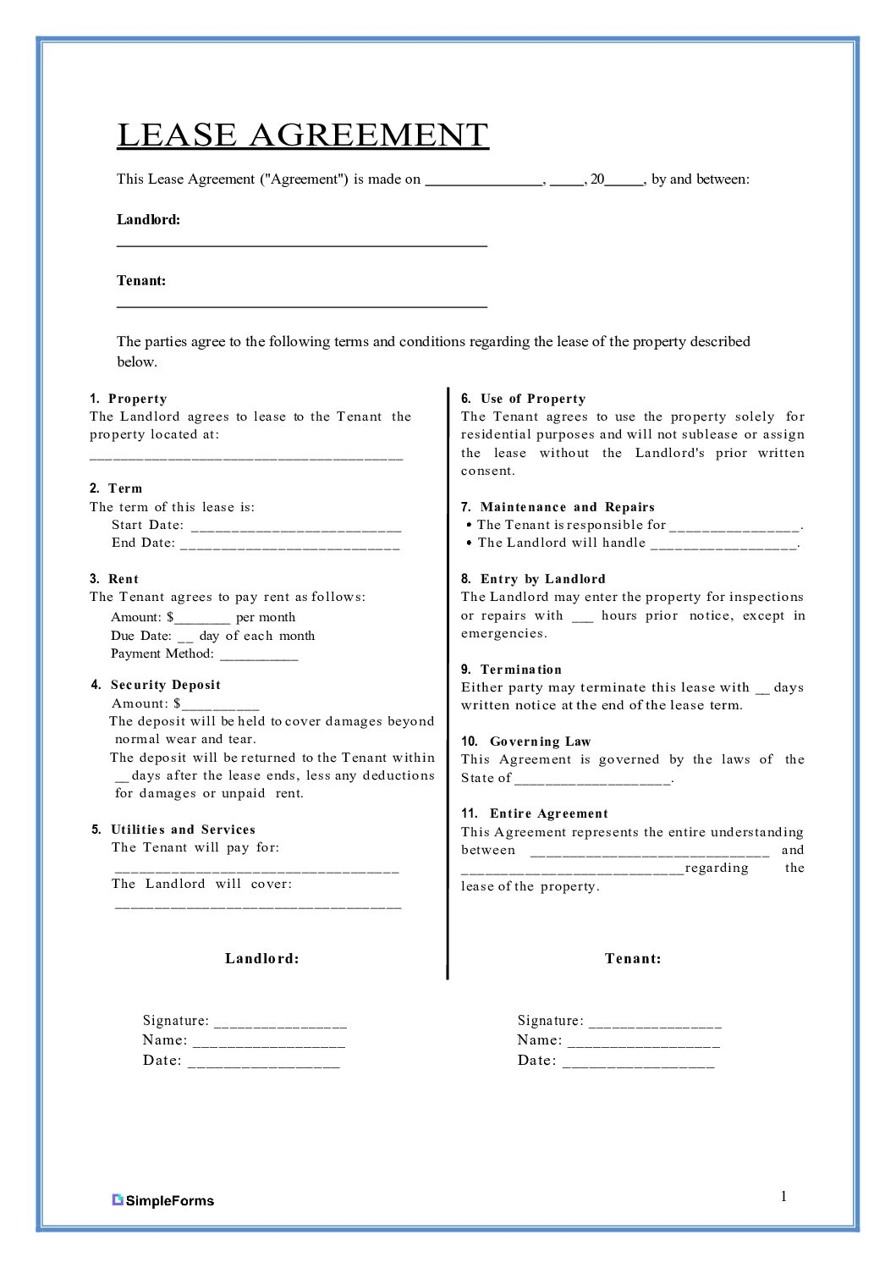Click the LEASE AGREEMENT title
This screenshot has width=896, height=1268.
[302, 135]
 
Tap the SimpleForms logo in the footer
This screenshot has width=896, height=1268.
[163, 1200]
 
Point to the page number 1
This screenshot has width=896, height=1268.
[783, 1196]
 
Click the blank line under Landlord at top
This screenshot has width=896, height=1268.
[301, 245]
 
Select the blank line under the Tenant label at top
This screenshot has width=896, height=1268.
[301, 306]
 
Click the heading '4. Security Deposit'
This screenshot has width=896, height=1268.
[156, 685]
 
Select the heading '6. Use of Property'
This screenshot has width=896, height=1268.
[523, 399]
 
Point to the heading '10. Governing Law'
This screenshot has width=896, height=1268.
[525, 742]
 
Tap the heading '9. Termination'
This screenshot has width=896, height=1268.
[511, 670]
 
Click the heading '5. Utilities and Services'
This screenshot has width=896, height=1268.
[173, 830]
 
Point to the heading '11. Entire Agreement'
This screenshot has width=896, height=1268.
[534, 813]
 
